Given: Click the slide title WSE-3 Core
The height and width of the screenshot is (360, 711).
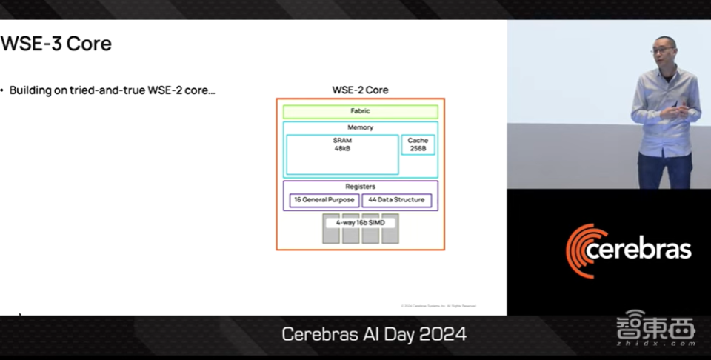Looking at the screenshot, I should tap(56, 44).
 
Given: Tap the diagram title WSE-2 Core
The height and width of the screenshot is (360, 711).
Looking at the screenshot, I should tap(360, 90).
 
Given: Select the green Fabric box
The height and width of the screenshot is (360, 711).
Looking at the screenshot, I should tap(360, 111).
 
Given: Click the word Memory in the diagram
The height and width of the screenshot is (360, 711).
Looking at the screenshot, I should tap(360, 127).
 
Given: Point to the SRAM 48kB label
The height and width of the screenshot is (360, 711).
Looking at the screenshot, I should tap(341, 144).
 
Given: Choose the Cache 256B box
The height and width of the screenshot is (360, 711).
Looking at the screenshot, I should tap(418, 144).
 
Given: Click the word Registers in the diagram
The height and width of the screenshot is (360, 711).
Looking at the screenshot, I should tap(360, 187).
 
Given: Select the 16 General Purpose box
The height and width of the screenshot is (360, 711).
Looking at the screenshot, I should tap(324, 200).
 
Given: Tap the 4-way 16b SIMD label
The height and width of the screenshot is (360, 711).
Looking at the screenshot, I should tap(361, 222).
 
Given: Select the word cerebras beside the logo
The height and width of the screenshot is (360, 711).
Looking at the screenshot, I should tap(638, 250).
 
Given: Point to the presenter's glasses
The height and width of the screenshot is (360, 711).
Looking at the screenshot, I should tap(661, 50).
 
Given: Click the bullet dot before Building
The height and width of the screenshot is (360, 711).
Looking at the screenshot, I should tap(3, 90).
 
